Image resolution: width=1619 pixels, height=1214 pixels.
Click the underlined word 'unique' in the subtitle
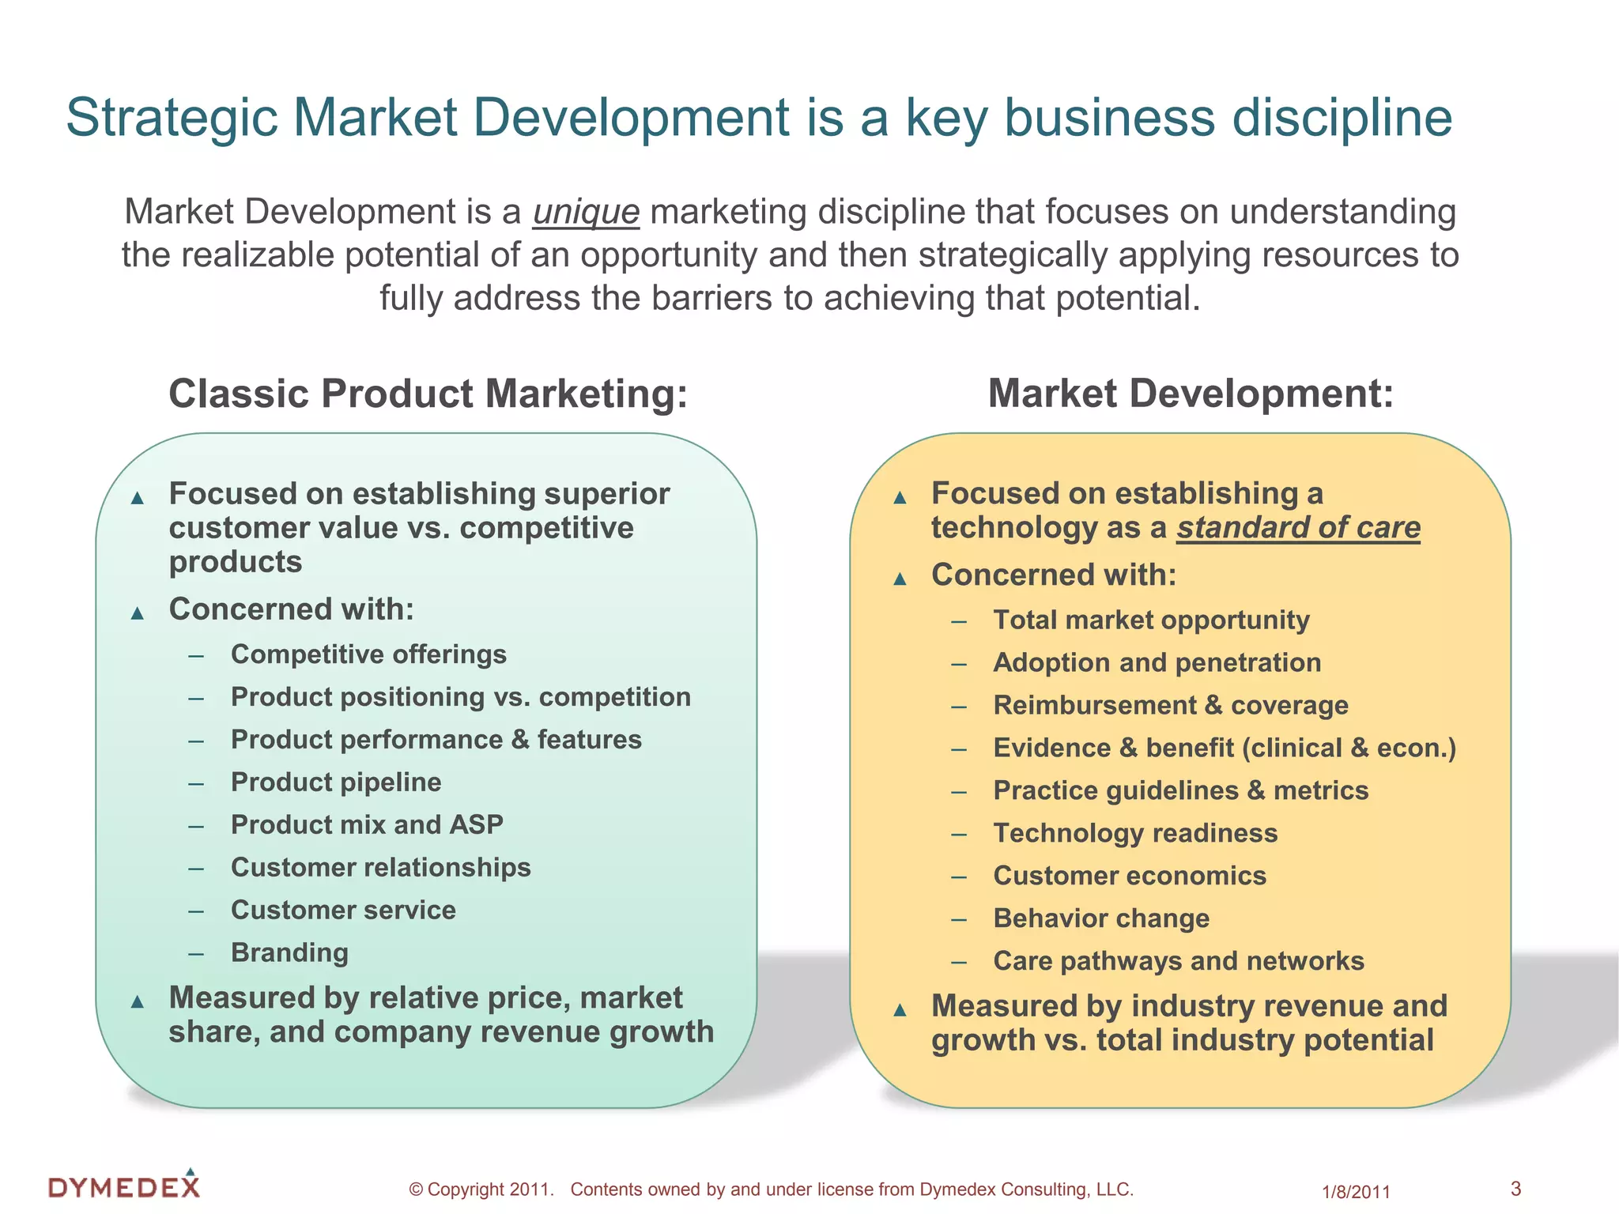click(x=586, y=213)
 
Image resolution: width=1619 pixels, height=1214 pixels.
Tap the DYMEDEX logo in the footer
click(x=124, y=1186)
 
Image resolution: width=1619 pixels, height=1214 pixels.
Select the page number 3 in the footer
click(x=1515, y=1188)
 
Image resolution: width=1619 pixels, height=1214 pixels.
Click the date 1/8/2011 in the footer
click(x=1356, y=1192)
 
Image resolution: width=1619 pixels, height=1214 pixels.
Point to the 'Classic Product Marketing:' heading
click(x=428, y=394)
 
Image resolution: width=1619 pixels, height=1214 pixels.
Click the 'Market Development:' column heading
click(x=1191, y=394)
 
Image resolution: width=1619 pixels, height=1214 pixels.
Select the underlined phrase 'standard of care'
click(x=1298, y=528)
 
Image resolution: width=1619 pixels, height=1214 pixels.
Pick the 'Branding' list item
click(x=289, y=952)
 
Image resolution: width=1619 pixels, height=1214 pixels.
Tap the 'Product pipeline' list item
click(x=336, y=782)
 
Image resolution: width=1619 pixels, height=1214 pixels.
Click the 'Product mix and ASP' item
click(x=367, y=824)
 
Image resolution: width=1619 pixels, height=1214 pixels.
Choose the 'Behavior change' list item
click(x=1101, y=918)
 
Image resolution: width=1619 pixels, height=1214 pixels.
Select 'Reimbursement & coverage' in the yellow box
click(x=1171, y=705)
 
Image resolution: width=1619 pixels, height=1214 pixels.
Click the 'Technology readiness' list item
click(x=1135, y=833)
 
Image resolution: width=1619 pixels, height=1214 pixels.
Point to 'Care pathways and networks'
click(x=1179, y=961)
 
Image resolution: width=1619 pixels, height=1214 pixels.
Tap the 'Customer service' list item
click(x=343, y=910)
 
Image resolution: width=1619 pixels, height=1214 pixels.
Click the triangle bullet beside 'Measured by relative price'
click(x=138, y=1002)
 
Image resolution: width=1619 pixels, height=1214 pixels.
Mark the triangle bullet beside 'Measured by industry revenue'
click(x=900, y=1010)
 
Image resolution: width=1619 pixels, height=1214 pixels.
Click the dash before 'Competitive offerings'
click(x=197, y=655)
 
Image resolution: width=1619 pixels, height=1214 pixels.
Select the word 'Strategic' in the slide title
click(x=172, y=119)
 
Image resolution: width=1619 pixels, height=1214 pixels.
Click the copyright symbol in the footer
click(x=416, y=1189)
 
